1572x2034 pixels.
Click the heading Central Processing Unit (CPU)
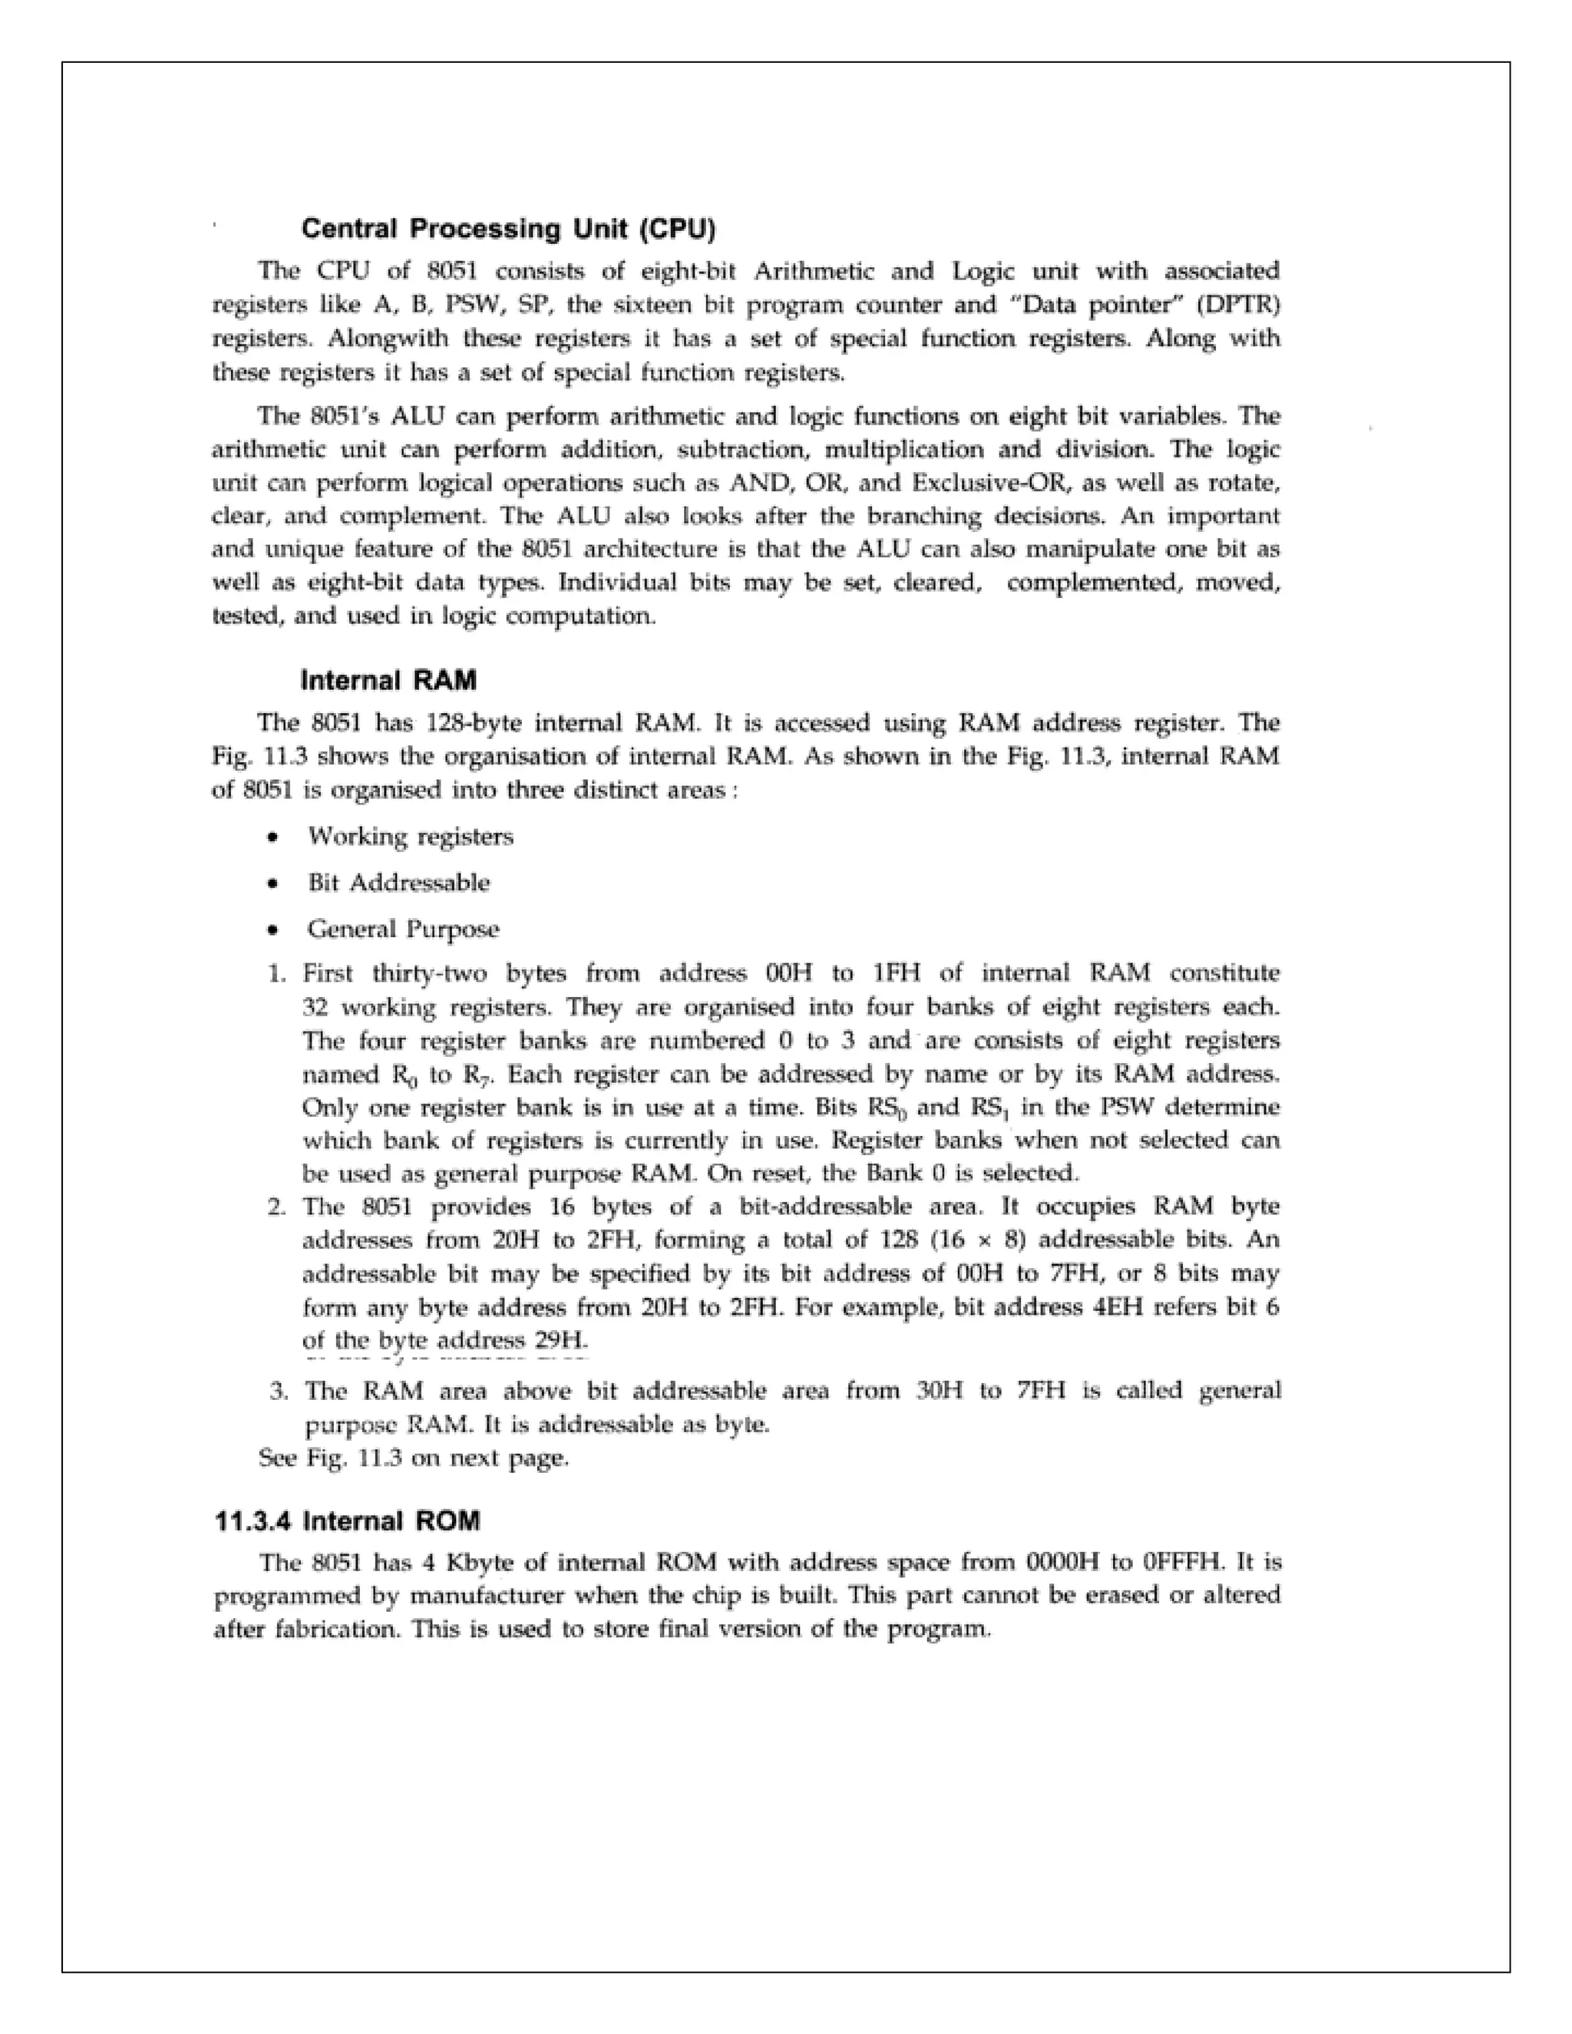[508, 229]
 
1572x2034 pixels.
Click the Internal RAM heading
[388, 681]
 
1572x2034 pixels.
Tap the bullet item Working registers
[410, 837]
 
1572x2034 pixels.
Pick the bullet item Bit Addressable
[398, 883]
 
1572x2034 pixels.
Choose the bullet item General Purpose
[403, 929]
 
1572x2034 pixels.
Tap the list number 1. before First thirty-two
[276, 974]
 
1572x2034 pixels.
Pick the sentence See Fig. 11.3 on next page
[414, 1458]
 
